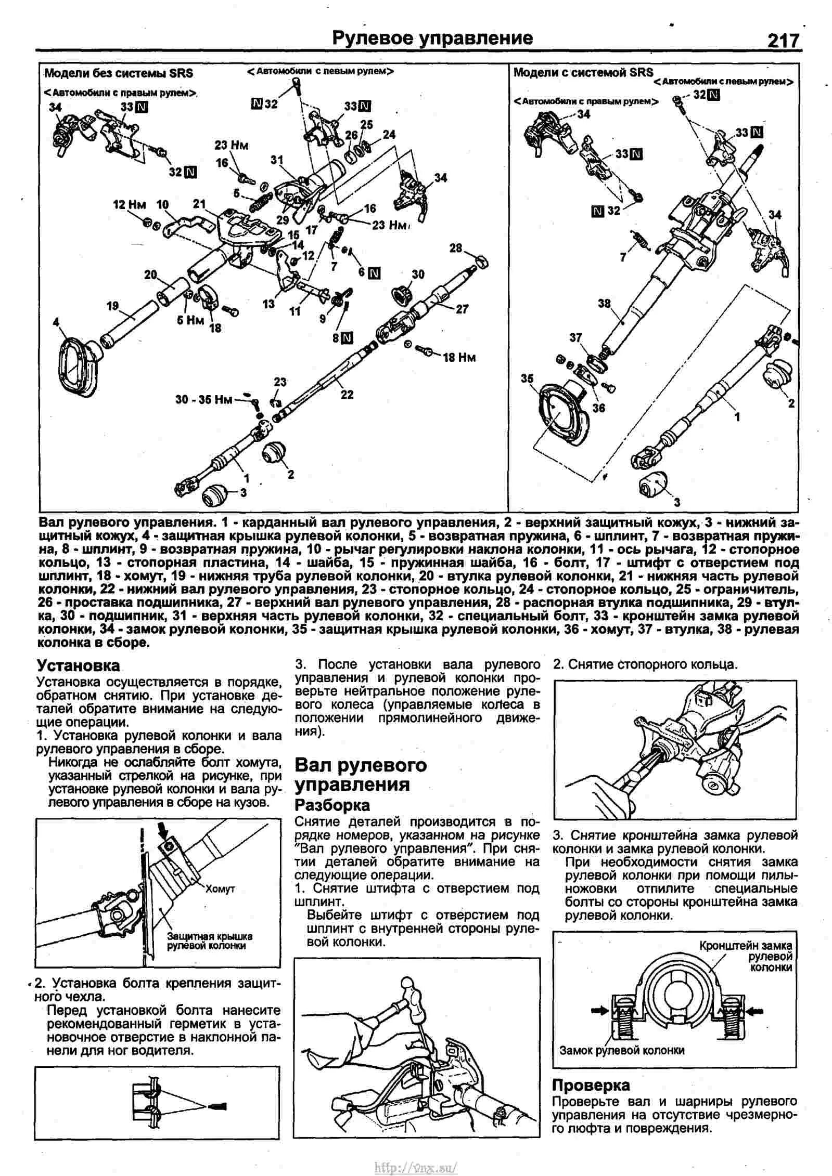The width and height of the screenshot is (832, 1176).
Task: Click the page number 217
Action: pos(782,40)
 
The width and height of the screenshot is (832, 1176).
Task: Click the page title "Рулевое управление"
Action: pos(432,38)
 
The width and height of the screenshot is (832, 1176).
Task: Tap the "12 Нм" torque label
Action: pos(130,205)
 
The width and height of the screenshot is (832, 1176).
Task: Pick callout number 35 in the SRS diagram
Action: pos(527,379)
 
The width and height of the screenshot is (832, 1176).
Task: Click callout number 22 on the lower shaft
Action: pos(347,395)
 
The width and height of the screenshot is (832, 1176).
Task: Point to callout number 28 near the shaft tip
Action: pos(456,248)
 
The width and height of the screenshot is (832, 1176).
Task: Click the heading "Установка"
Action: pos(78,665)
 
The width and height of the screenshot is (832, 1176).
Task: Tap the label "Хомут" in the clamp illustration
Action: pos(220,888)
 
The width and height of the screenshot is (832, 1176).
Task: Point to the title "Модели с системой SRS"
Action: pos(583,72)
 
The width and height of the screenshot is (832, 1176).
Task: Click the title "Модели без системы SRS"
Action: pos(119,73)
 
